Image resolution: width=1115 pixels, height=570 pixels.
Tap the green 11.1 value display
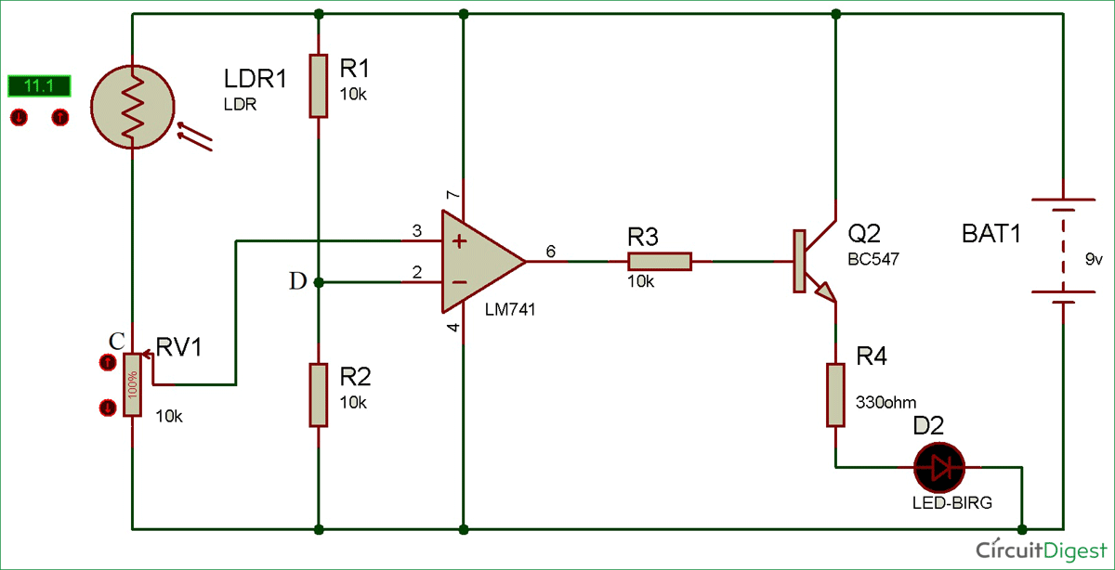(39, 86)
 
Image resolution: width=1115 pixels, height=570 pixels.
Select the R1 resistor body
(319, 85)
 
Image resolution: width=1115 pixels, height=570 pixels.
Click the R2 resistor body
(319, 395)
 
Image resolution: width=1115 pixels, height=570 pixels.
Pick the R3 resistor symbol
(660, 262)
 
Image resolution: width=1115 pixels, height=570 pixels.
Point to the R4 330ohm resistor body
(835, 395)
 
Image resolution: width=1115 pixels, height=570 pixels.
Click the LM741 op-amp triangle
(479, 262)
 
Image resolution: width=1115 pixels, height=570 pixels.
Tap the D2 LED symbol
(939, 467)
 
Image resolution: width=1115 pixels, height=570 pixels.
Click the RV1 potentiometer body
(133, 384)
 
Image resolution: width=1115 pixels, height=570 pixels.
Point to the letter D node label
(297, 282)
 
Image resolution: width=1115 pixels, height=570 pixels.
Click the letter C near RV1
(114, 341)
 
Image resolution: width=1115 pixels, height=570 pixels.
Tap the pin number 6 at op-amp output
(551, 252)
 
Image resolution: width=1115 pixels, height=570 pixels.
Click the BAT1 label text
(991, 234)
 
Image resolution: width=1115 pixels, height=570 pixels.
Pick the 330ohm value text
(885, 403)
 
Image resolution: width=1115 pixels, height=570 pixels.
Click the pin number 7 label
(453, 196)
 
